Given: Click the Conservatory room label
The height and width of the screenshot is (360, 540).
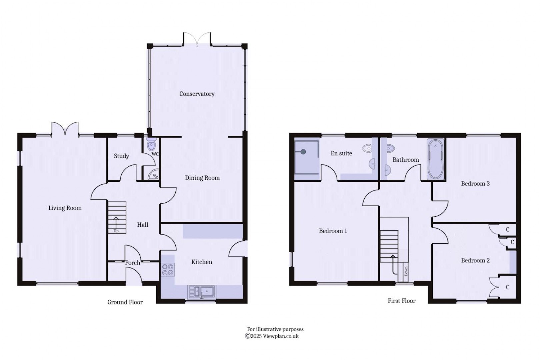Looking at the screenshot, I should (x=197, y=94).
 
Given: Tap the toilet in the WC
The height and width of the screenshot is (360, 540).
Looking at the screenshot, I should (x=152, y=144).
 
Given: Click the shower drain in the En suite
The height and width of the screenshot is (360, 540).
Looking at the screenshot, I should (x=303, y=152).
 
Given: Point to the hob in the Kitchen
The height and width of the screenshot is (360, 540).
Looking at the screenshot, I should (x=168, y=269).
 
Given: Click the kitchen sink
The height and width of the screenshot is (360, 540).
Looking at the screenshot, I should (x=202, y=292).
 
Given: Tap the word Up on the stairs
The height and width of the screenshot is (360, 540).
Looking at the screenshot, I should (x=116, y=231).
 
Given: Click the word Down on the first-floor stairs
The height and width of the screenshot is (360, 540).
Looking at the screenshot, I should (x=406, y=270).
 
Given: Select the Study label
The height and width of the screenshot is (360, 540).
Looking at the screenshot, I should (x=121, y=156).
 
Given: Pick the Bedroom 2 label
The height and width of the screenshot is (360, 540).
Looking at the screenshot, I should (x=475, y=260).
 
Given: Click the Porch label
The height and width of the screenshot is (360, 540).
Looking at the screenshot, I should (x=133, y=263).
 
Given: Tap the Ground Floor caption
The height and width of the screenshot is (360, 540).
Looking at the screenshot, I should (x=125, y=302).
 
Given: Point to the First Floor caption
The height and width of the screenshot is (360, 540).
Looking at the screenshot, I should (x=401, y=301).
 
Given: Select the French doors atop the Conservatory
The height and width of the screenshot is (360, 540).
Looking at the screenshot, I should (x=197, y=39).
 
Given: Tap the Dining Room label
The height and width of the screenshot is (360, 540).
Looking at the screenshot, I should (x=202, y=178).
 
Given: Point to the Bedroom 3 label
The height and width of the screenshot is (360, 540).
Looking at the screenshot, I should (x=475, y=183).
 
